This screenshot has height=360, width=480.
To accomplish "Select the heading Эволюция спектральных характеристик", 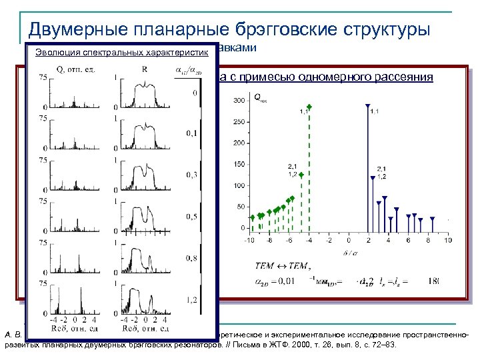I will tap(121, 52).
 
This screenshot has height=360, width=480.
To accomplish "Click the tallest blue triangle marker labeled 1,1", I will tap(367, 105).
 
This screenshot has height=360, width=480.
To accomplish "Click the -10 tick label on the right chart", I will tap(249, 240).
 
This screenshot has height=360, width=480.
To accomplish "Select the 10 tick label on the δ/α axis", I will tap(447, 240).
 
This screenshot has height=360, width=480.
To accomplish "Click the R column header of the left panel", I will tap(145, 69).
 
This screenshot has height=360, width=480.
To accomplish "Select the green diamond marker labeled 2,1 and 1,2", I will tap(301, 175).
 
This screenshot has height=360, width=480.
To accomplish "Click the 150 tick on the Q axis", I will tap(238, 165).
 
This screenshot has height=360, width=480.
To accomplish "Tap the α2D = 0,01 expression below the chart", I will tap(281, 281).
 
